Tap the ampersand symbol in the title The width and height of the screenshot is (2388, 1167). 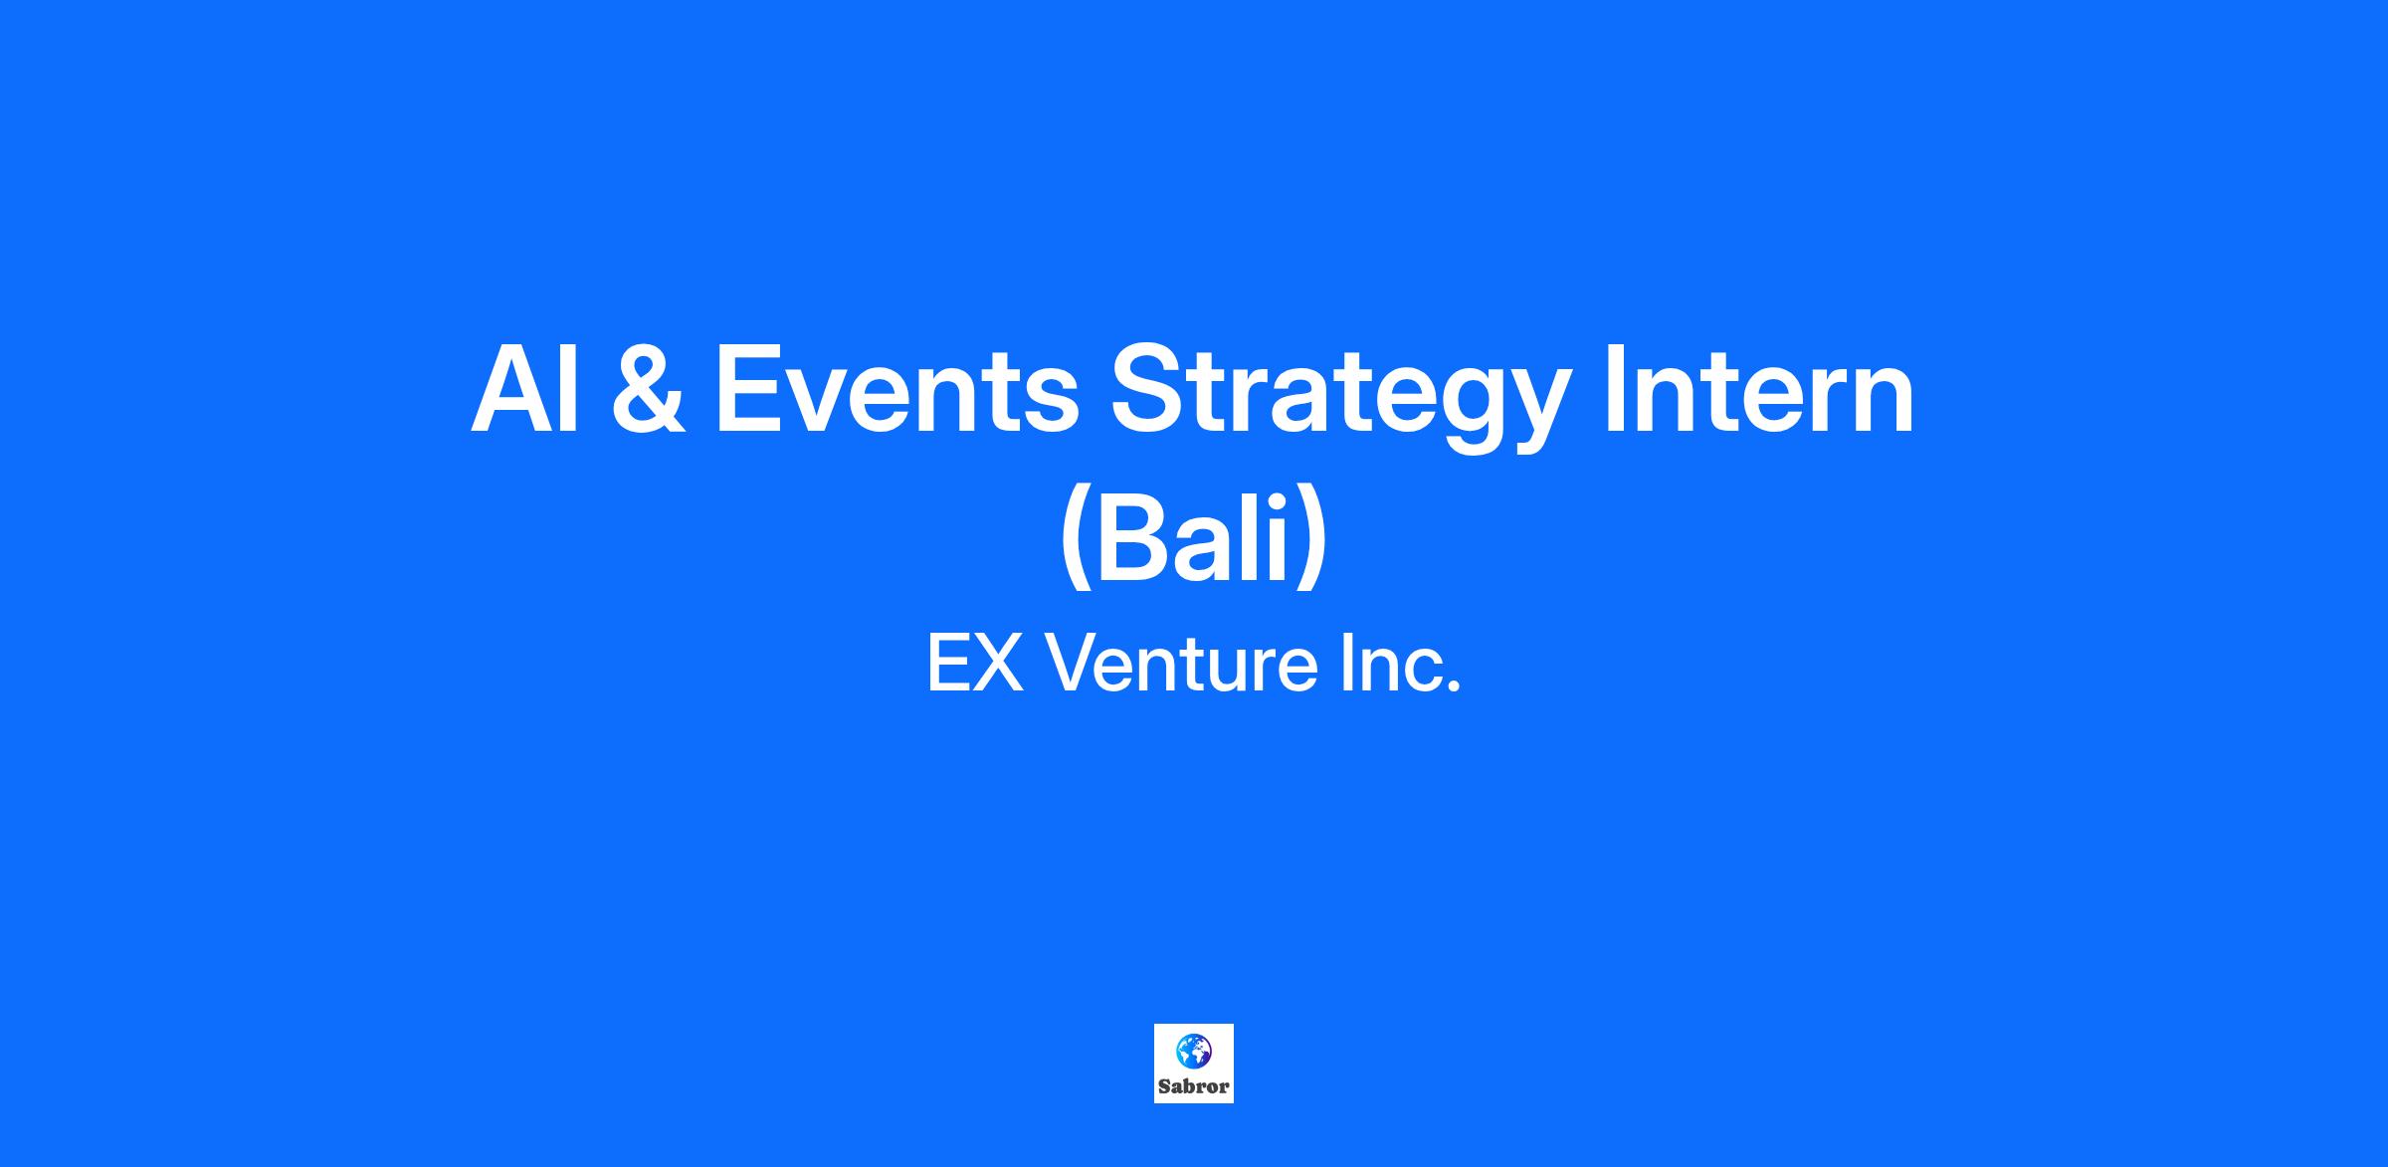click(x=648, y=389)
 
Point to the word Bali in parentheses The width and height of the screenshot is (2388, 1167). click(x=1193, y=535)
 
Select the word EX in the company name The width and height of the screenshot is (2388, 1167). click(x=975, y=664)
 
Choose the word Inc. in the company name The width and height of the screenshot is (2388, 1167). click(x=1401, y=664)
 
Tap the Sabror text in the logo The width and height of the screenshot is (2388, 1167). click(x=1194, y=1086)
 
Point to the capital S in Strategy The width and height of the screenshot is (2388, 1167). click(x=1151, y=389)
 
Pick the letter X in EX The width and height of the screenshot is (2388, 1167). click(x=998, y=664)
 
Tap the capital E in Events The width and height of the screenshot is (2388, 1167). click(x=748, y=389)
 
